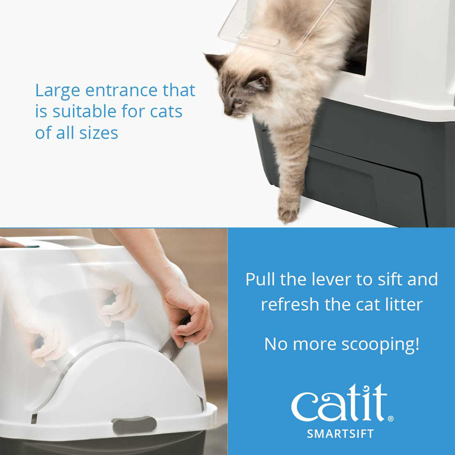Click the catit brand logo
coord(339,404)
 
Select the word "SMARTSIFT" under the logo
coord(340,434)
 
